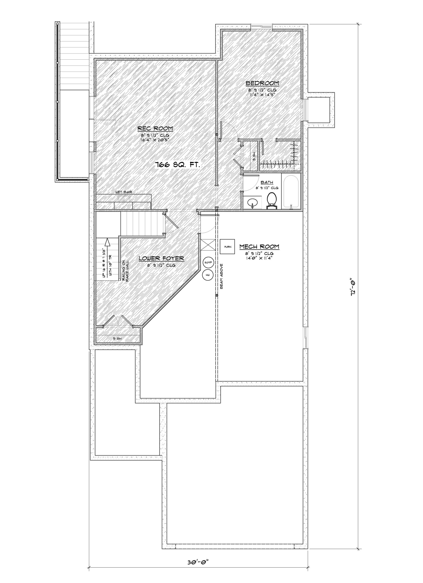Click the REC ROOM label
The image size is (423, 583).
(x=155, y=128)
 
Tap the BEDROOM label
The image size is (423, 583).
(x=262, y=83)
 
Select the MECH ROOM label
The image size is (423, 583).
(x=259, y=246)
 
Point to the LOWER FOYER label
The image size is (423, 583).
(x=161, y=258)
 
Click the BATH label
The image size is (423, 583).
(x=267, y=182)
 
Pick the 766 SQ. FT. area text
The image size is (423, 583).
(x=177, y=165)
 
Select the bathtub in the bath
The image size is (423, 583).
(x=291, y=191)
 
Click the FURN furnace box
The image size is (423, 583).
(x=227, y=247)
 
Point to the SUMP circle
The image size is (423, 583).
(x=208, y=262)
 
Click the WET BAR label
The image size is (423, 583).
(x=122, y=192)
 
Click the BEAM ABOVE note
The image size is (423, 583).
(x=221, y=276)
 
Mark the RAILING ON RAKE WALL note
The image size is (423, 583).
(x=125, y=271)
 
